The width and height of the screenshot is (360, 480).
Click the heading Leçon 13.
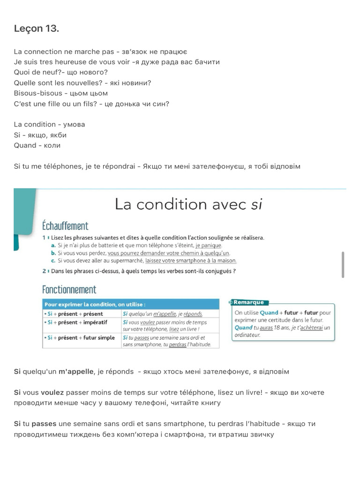37,29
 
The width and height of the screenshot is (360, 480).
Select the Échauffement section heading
65,226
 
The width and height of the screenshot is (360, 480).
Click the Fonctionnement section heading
69,289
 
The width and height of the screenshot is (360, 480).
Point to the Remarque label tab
248,302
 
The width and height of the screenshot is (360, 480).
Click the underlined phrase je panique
209,245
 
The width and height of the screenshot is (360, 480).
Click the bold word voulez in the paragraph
52,392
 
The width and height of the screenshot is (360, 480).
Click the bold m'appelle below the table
75,372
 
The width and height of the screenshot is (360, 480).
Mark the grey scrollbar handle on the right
343,264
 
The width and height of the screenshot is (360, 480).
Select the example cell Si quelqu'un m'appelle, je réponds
162,314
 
